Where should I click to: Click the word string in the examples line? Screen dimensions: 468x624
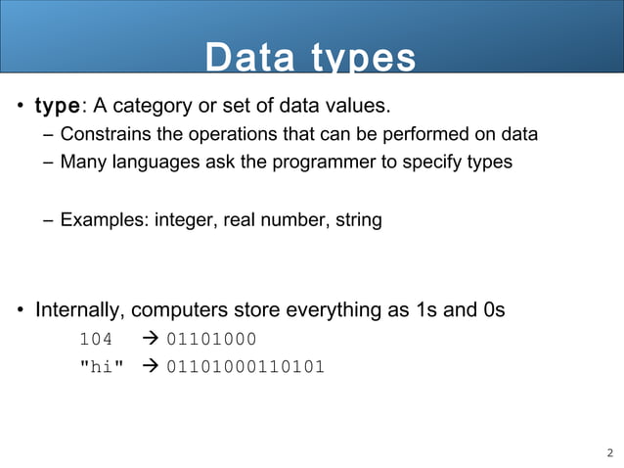click(358, 220)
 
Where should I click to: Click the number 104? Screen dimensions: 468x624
click(95, 340)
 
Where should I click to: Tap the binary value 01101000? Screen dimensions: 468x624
click(211, 340)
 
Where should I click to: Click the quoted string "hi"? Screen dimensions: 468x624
click(101, 367)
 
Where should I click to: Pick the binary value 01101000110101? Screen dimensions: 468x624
click(245, 367)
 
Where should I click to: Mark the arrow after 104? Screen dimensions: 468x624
click(151, 340)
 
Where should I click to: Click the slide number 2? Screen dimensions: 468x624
click(610, 452)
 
